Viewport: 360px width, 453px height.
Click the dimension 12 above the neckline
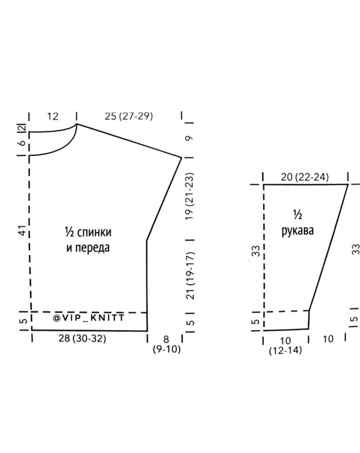pyautogui.click(x=52, y=116)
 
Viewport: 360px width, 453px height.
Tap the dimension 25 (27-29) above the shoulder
pyautogui.click(x=129, y=116)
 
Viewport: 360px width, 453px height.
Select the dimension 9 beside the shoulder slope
pyautogui.click(x=189, y=138)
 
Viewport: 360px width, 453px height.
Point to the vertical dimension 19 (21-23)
pyautogui.click(x=189, y=196)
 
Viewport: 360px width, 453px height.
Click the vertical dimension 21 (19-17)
pyautogui.click(x=190, y=276)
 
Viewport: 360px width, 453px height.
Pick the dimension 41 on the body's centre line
pyautogui.click(x=23, y=230)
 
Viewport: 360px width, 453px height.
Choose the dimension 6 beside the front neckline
pyautogui.click(x=22, y=143)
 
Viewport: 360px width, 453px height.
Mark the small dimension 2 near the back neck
pyautogui.click(x=23, y=128)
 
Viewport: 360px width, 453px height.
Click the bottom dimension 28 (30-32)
pyautogui.click(x=82, y=339)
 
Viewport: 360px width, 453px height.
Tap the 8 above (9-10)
pyautogui.click(x=166, y=339)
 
